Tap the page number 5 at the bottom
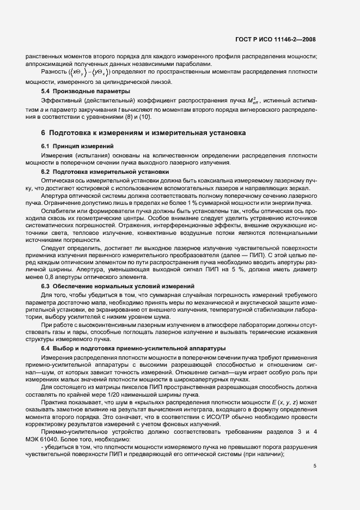click(315, 466)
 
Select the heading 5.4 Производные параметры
click(86, 91)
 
